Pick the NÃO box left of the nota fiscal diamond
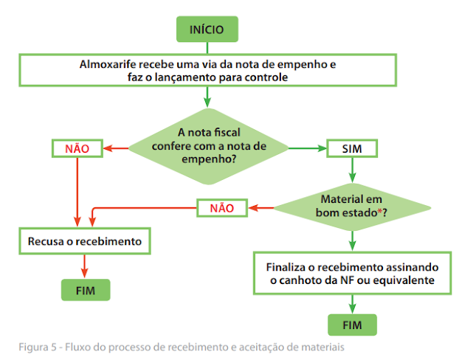pos(77,148)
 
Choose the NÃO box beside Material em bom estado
pos(222,208)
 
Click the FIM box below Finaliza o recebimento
pos(351,325)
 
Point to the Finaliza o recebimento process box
pos(351,273)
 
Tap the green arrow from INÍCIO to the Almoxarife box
pos(207,49)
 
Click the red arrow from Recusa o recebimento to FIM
pos(86,264)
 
